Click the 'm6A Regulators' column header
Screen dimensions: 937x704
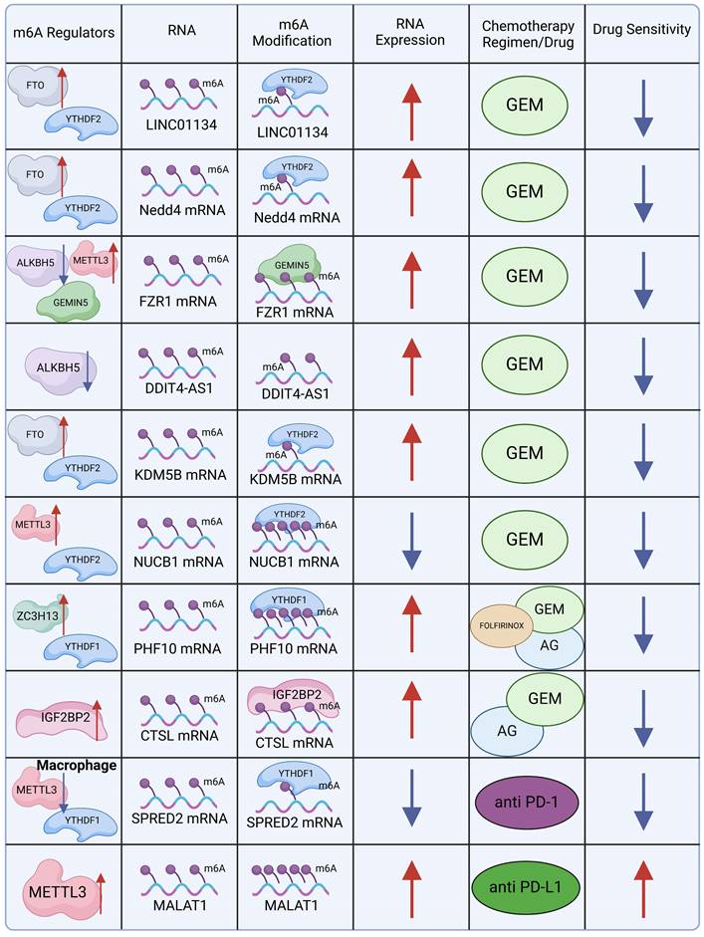tap(63, 31)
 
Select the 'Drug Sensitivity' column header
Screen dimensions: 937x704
tap(641, 30)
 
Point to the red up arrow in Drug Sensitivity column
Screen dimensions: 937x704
tap(642, 887)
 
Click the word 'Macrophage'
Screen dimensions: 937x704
tap(77, 765)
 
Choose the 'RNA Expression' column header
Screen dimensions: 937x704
tap(411, 31)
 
